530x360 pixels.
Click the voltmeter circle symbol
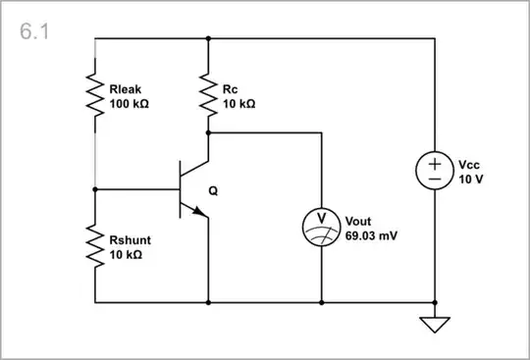pyautogui.click(x=322, y=225)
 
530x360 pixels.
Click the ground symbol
pyautogui.click(x=435, y=323)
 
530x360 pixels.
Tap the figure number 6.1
pyautogui.click(x=34, y=31)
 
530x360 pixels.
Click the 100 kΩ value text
pyautogui.click(x=130, y=103)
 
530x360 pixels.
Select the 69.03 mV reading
pyautogui.click(x=372, y=236)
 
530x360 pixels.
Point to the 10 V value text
pyautogui.click(x=470, y=180)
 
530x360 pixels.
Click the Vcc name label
pyautogui.click(x=469, y=166)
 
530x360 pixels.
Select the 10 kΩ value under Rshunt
pyautogui.click(x=127, y=253)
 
